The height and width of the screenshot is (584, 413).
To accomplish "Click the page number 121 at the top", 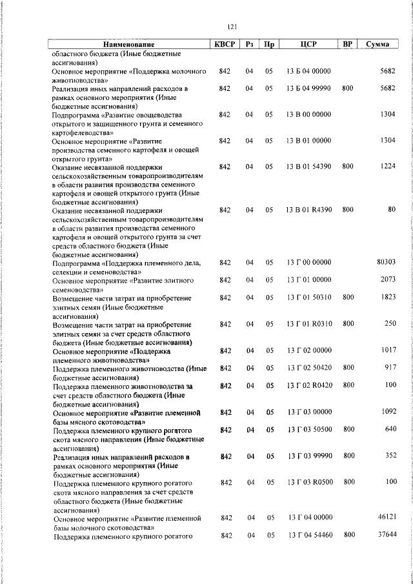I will pos(233,26).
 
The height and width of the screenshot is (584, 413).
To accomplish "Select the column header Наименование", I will pos(130,45).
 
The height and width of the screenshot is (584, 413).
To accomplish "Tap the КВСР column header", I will pos(224,45).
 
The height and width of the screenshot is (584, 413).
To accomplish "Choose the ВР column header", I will pos(348,45).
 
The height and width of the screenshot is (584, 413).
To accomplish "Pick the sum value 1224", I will pos(388,166).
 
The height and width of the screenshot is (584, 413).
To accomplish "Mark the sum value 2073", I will pos(388,279).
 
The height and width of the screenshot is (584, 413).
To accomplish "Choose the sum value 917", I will pos(390,367).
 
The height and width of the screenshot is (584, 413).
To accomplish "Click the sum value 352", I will pos(390,456).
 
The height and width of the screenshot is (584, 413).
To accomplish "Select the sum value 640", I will pos(390,429).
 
